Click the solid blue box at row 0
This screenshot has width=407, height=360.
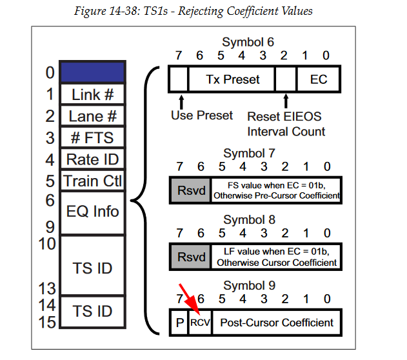pyautogui.click(x=92, y=72)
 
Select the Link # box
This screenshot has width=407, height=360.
pyautogui.click(x=92, y=94)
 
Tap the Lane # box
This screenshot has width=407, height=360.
pyautogui.click(x=92, y=116)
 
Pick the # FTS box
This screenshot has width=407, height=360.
pyautogui.click(x=92, y=137)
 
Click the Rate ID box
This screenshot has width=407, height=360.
pyautogui.click(x=92, y=159)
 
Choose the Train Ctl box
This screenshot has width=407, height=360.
pyautogui.click(x=92, y=181)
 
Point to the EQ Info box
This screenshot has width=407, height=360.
pyautogui.click(x=92, y=211)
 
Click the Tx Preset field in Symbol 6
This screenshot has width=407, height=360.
pyautogui.click(x=232, y=79)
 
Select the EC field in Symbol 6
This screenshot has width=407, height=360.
pyautogui.click(x=319, y=79)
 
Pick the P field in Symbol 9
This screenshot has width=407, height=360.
pyautogui.click(x=179, y=322)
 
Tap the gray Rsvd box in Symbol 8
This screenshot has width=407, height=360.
pyautogui.click(x=190, y=256)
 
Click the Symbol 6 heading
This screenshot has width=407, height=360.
pyautogui.click(x=248, y=43)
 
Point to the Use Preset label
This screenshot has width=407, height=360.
pyautogui.click(x=201, y=115)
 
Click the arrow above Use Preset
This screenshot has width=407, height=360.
pyautogui.click(x=181, y=101)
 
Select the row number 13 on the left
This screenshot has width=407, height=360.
pyautogui.click(x=47, y=288)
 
